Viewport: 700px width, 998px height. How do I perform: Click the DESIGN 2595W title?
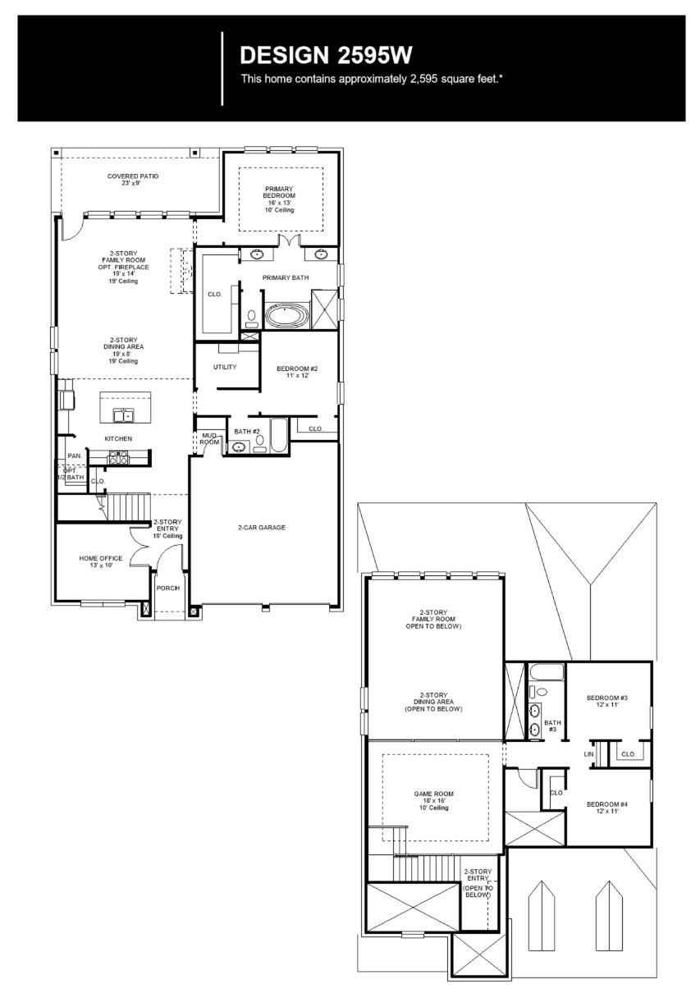point(325,55)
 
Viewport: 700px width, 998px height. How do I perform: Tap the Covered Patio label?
point(132,180)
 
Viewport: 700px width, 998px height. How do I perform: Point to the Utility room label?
point(225,367)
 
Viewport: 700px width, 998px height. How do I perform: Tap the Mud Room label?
point(209,439)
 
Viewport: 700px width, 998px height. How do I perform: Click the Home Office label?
point(100,562)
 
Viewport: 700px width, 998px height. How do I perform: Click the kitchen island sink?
point(126,415)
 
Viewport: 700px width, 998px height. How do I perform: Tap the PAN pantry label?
point(74,456)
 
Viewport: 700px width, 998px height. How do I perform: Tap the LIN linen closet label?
point(588,753)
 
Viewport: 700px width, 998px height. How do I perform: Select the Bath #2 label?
point(246,431)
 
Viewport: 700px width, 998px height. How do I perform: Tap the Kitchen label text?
point(118,439)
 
